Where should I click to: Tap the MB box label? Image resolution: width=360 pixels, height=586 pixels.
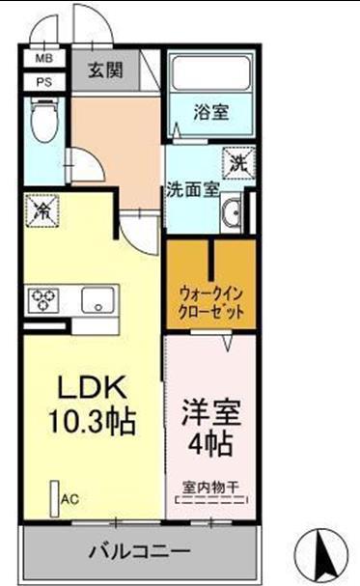click(x=43, y=59)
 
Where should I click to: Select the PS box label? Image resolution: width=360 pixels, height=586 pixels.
click(x=43, y=81)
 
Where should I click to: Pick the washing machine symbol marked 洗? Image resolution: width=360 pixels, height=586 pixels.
click(x=236, y=162)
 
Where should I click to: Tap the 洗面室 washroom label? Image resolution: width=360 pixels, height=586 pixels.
click(x=192, y=188)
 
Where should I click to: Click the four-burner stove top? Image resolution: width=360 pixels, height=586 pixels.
click(x=43, y=300)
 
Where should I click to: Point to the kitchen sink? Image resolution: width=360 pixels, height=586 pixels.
click(x=97, y=300)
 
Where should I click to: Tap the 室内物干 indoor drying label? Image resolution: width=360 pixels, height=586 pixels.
click(x=212, y=486)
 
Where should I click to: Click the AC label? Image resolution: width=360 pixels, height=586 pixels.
click(x=69, y=499)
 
